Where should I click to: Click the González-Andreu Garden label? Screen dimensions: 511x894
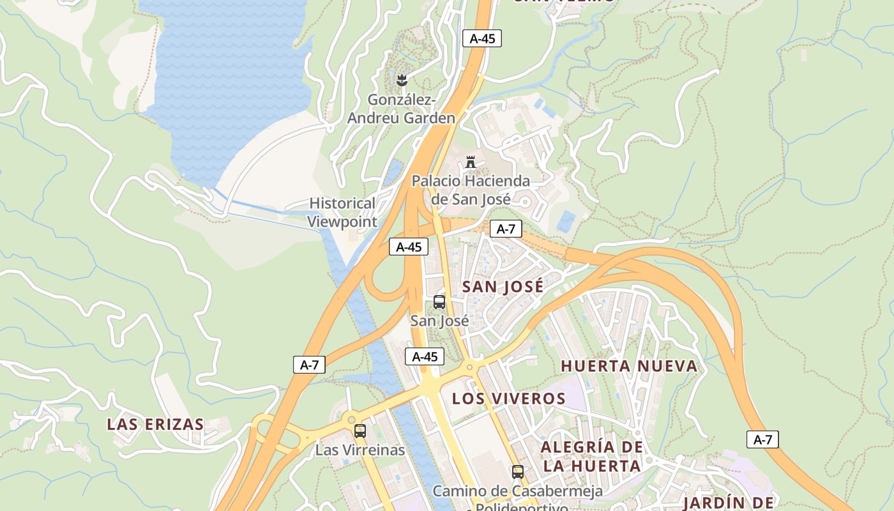tap(402, 109)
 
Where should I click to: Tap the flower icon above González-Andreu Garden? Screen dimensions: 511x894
tap(402, 80)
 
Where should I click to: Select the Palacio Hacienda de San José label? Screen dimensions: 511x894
tap(471, 190)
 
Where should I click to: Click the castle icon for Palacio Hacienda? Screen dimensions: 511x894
tap(471, 162)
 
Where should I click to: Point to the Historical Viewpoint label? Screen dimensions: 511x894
tap(342, 212)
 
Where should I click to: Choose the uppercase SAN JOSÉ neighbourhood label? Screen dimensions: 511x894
tap(503, 287)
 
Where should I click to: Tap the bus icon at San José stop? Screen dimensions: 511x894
tap(439, 302)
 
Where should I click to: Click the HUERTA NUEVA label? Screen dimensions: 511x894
tap(629, 366)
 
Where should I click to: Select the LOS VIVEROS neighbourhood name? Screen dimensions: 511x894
tap(509, 399)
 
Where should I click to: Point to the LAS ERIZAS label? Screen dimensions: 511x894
tap(155, 424)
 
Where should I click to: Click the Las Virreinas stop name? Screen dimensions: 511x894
tap(360, 450)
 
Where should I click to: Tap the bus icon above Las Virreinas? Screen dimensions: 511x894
tap(360, 431)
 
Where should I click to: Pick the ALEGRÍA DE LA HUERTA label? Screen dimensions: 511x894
tap(591, 456)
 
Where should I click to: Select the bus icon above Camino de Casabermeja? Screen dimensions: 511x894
tap(517, 472)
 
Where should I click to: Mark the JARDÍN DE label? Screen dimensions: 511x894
tap(728, 503)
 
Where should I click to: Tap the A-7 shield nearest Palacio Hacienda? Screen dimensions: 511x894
tap(506, 229)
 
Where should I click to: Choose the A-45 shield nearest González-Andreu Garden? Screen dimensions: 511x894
tap(482, 38)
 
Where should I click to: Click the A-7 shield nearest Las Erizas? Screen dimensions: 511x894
tap(309, 365)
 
